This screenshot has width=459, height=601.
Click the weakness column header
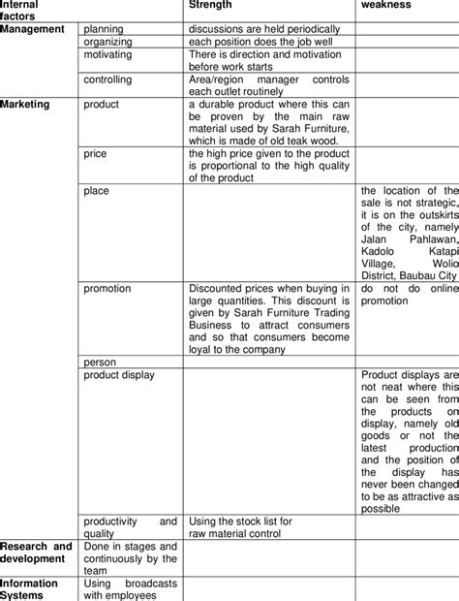(386, 5)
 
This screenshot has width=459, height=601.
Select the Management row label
(32, 29)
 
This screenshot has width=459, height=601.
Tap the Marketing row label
(27, 103)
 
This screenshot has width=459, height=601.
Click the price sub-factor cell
(96, 153)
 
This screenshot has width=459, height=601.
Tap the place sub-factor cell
(96, 191)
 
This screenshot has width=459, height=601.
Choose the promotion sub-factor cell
(107, 288)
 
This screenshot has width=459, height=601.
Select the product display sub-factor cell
(118, 374)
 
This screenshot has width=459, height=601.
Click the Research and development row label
(36, 553)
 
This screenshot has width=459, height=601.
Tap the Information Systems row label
(29, 589)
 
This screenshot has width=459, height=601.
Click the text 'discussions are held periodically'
(264, 29)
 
